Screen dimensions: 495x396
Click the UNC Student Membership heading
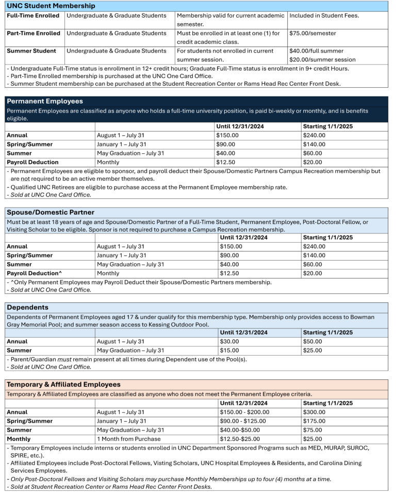point(51,6)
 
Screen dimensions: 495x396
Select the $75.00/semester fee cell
point(312,34)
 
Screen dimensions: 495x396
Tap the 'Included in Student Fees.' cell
point(324,15)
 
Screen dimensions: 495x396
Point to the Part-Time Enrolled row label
point(34,34)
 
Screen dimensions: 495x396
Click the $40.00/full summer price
point(315,51)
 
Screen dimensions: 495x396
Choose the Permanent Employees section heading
point(45,101)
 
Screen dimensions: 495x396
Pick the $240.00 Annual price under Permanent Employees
point(314,135)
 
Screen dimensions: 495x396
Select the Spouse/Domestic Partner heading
point(51,212)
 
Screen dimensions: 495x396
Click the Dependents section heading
point(27,307)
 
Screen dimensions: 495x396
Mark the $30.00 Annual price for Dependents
point(229,341)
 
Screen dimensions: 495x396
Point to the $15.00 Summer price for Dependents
point(229,350)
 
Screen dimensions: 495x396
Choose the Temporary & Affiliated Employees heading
point(63,385)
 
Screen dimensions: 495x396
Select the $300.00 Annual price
point(314,412)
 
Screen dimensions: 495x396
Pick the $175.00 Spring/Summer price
point(314,421)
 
